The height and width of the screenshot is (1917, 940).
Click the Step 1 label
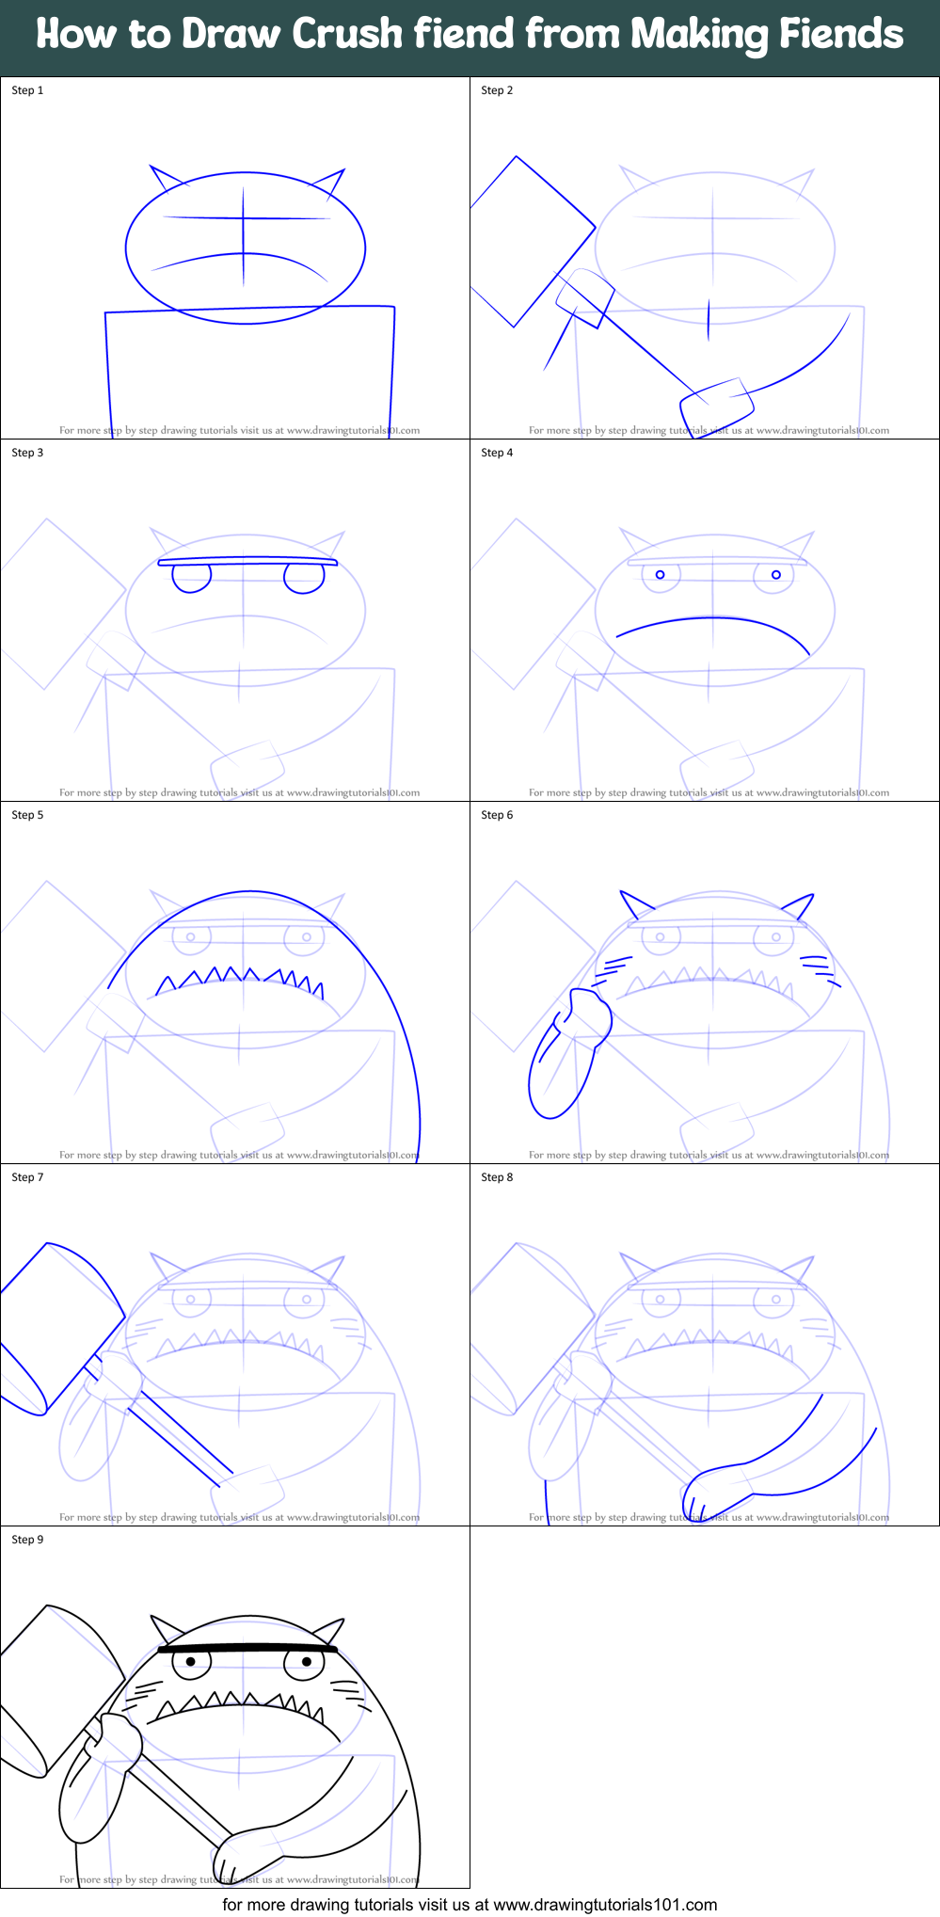pyautogui.click(x=27, y=90)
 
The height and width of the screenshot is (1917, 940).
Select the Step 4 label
pyautogui.click(x=497, y=453)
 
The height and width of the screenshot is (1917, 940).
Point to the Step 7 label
pyautogui.click(x=27, y=1177)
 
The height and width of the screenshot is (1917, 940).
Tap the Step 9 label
pyautogui.click(x=27, y=1540)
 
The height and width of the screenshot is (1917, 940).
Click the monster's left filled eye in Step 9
pyautogui.click(x=191, y=1662)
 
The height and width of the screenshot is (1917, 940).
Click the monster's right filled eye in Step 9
pyautogui.click(x=306, y=1662)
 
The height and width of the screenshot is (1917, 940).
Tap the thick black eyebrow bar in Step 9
pyautogui.click(x=247, y=1649)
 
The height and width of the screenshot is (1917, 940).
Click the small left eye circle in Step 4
pyautogui.click(x=661, y=574)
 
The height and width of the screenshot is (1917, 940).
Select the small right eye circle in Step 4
pyautogui.click(x=776, y=574)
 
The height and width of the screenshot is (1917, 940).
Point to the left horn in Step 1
pyautogui.click(x=167, y=179)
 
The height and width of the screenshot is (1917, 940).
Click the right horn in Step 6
pyautogui.click(x=799, y=906)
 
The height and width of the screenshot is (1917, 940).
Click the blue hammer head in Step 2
pyautogui.click(x=533, y=242)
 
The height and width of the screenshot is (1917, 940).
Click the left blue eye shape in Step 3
pyautogui.click(x=192, y=579)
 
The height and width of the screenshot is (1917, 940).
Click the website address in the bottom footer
pyautogui.click(x=605, y=1905)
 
